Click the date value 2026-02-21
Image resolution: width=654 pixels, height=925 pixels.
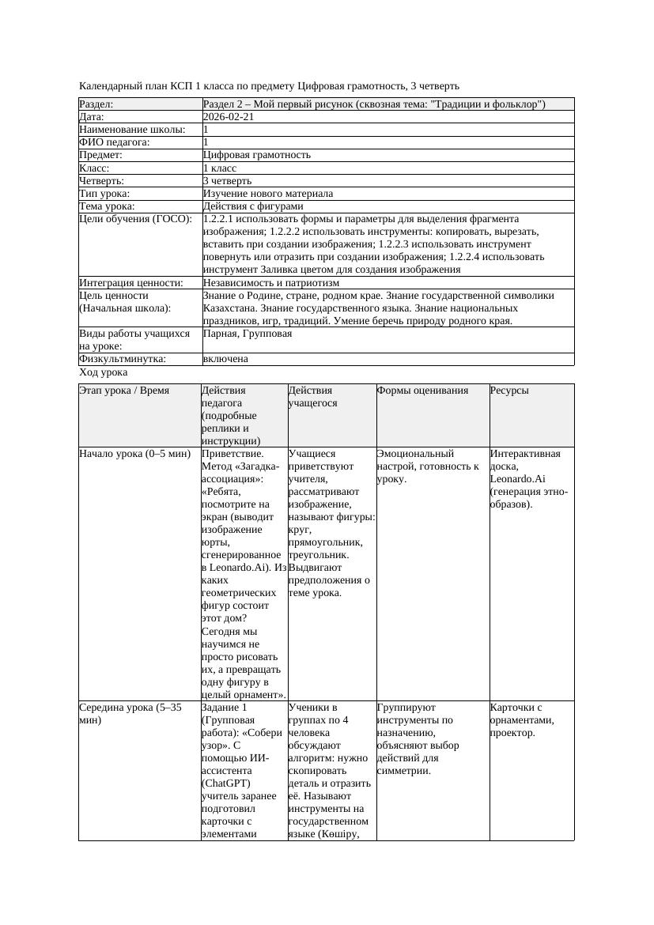point(229,117)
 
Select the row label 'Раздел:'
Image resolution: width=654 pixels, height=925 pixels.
point(96,104)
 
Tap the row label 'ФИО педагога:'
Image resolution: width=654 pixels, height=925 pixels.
point(115,142)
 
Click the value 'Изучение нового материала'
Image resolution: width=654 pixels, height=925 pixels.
point(268,193)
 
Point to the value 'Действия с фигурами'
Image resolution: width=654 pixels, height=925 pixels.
point(253,206)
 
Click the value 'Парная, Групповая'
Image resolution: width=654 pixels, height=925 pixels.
point(248,334)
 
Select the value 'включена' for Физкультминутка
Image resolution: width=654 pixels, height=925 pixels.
point(225,359)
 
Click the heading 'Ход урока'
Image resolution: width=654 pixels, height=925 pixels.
point(104,372)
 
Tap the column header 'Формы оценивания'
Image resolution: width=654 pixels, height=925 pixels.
point(422,391)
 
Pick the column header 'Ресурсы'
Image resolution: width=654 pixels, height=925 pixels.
point(509,391)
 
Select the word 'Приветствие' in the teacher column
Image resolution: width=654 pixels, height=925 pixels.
point(232,454)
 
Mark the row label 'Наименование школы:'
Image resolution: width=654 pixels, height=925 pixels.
point(133,130)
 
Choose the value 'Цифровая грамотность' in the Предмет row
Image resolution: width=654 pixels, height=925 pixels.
point(257,155)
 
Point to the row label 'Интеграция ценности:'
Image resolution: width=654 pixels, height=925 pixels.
point(131,282)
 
